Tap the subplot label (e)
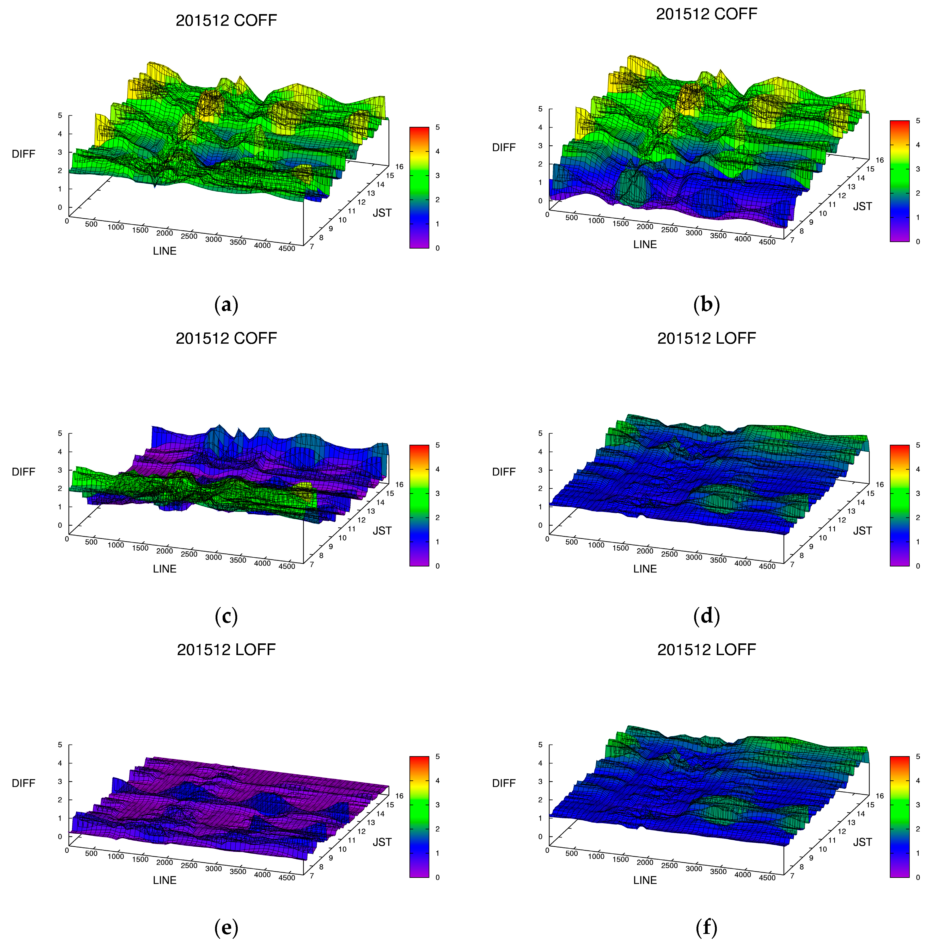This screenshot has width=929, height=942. (226, 927)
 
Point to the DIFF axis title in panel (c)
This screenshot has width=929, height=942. (23, 471)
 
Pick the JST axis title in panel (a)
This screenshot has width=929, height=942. (382, 213)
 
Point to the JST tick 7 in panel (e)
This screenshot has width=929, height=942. (311, 876)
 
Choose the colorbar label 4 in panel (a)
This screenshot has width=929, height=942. (437, 152)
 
